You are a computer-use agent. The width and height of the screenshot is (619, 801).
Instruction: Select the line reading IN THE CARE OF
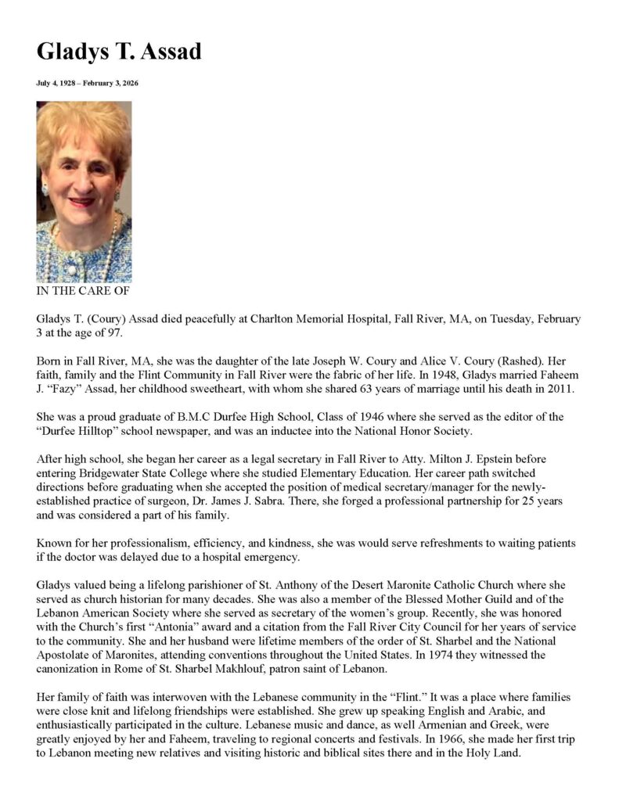pos(83,291)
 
